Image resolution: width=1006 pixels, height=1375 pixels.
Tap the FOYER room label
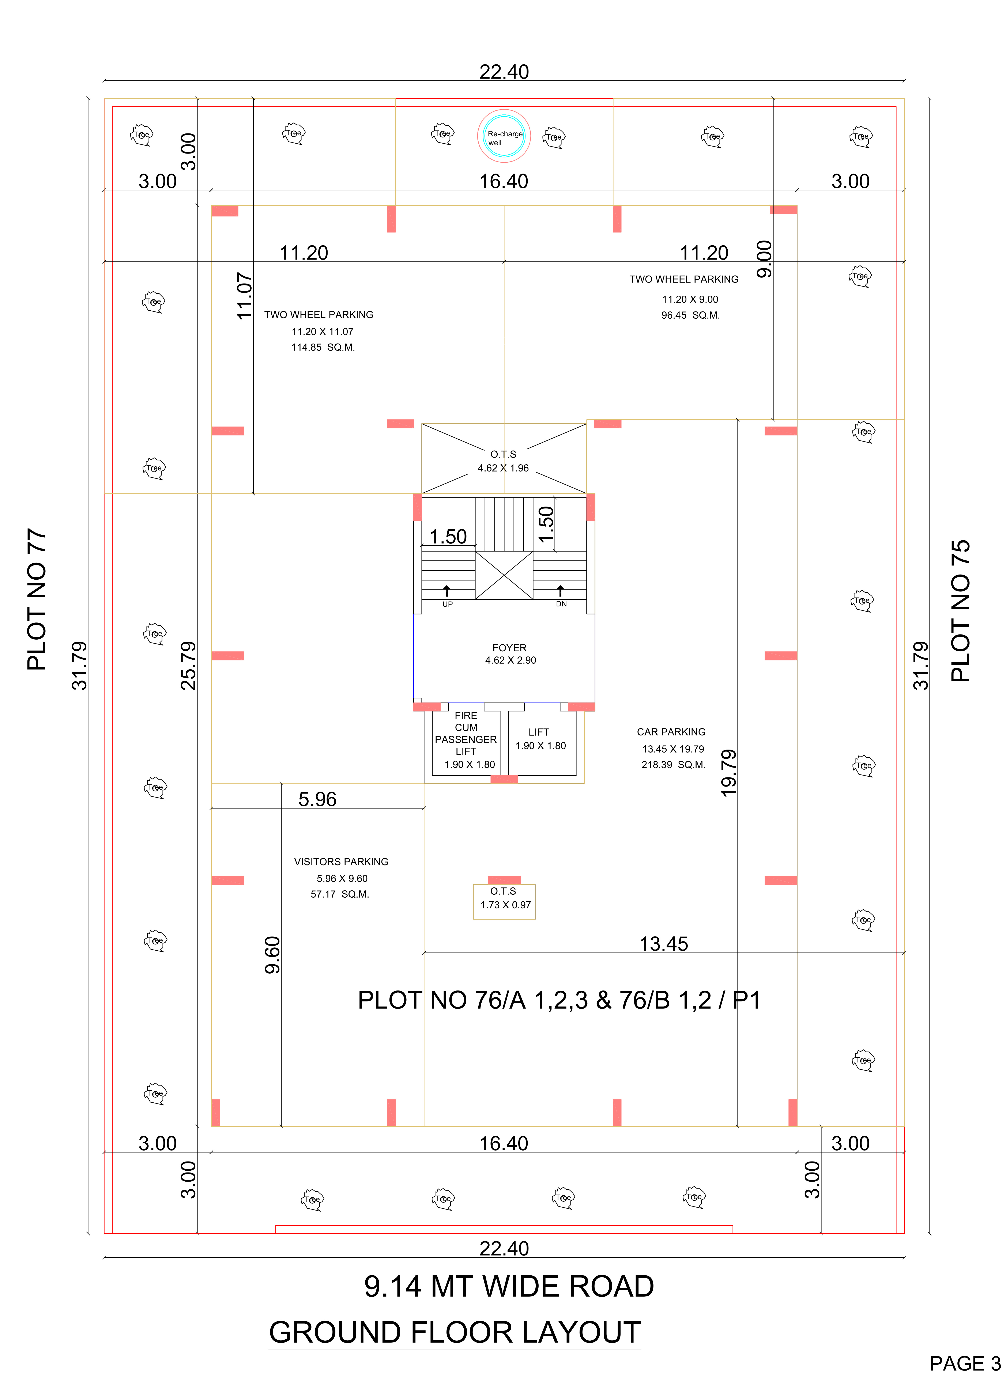(510, 648)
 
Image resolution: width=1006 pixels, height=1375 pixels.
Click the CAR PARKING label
(671, 732)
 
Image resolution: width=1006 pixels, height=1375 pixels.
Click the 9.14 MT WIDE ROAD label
(509, 1286)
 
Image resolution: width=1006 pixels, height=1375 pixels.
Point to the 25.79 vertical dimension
(189, 665)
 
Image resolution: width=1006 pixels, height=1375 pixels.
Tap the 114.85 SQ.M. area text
(323, 347)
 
